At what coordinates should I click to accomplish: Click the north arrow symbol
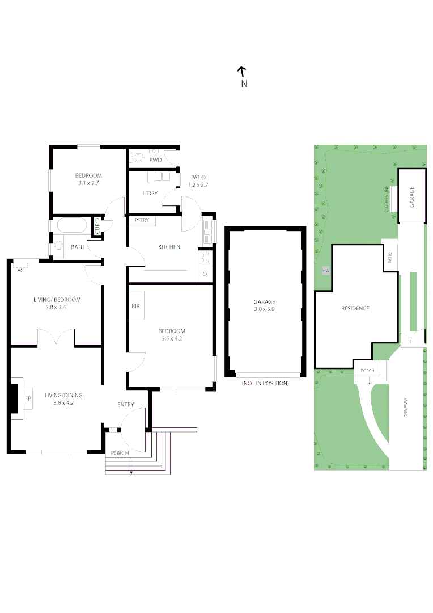[241, 72]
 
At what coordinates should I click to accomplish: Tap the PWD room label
[155, 160]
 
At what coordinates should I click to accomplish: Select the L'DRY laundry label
[150, 194]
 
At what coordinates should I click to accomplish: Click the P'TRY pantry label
[142, 220]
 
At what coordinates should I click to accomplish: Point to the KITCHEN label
[169, 247]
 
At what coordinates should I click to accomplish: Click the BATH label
[78, 247]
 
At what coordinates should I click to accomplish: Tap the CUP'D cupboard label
[97, 226]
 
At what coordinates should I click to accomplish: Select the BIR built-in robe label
[135, 306]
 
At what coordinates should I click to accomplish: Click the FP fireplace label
[27, 399]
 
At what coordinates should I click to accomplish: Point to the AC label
[20, 270]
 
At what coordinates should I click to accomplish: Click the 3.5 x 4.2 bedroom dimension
[171, 338]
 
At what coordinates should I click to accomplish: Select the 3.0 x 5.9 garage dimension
[265, 309]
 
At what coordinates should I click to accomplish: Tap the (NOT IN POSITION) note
[265, 384]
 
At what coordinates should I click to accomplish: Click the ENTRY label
[126, 405]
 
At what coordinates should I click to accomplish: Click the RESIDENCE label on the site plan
[355, 308]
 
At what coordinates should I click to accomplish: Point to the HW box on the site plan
[325, 271]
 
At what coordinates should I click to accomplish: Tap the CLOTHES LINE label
[387, 199]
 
